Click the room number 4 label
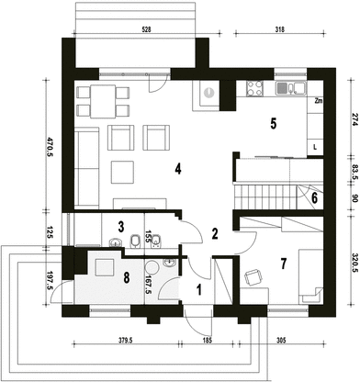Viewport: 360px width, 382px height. (x=178, y=169)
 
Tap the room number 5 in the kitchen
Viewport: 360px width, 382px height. (x=274, y=123)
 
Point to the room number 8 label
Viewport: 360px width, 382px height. (x=126, y=278)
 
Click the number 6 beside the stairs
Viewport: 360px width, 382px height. (x=314, y=198)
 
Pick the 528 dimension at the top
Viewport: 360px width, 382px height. (x=147, y=29)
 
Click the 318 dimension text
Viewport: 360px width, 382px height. (x=279, y=29)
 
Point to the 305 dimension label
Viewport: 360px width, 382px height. (x=281, y=340)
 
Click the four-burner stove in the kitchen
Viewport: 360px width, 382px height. (x=254, y=88)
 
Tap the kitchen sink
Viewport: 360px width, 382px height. (x=291, y=88)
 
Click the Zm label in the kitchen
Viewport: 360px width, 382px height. (x=319, y=101)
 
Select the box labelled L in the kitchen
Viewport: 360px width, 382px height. (x=315, y=147)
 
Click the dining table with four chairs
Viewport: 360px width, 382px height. (x=103, y=101)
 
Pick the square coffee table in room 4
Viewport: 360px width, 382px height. (x=122, y=172)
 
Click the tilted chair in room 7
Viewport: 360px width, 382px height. (x=253, y=277)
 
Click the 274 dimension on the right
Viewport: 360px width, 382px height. (x=355, y=119)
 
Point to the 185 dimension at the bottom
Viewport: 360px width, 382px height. (x=208, y=340)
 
